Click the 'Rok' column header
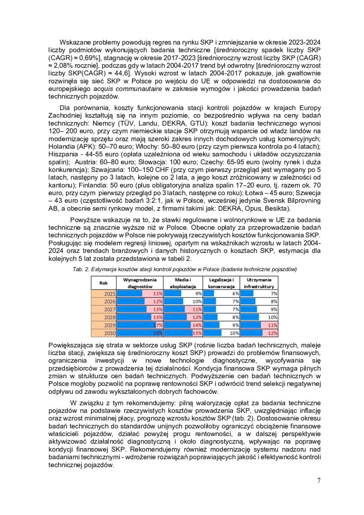[104, 283]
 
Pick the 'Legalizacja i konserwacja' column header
[221, 283]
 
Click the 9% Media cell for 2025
[198, 293]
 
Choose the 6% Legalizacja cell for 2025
[235, 293]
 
